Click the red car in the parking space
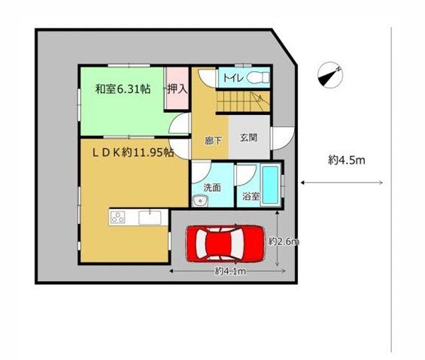coord(225,244)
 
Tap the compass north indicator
coord(330,74)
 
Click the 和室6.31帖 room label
coord(123,89)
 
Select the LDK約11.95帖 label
coord(133,153)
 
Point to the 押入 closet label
coord(178,89)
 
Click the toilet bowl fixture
coord(258,77)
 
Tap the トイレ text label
coord(233,78)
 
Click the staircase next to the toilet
coord(243,101)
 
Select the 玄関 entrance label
coord(248,138)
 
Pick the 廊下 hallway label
coord(213,141)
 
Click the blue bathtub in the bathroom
coord(271,185)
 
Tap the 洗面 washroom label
coord(212,187)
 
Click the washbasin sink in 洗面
coord(200,201)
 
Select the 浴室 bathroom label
coord(251,196)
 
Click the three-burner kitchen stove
coord(118,217)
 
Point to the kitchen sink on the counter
coord(150,217)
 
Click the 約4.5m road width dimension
coord(347,160)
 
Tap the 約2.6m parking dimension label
coord(284,241)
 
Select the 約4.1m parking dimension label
coord(230,271)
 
